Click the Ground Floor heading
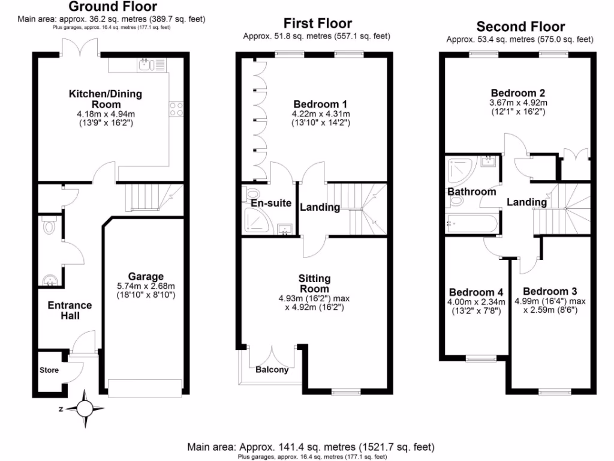pos(113,7)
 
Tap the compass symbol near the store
pos(85,409)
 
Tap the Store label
pos(49,370)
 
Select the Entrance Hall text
pos(70,310)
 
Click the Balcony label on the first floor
pos(272,370)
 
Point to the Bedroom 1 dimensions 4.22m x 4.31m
pos(320,113)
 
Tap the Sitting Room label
pos(314,283)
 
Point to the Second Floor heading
pos(520,27)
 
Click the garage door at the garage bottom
pos(145,387)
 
